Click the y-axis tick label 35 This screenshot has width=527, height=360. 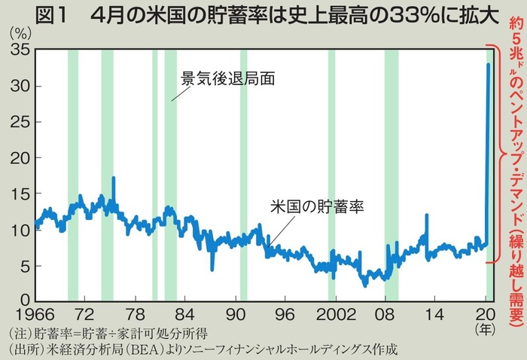click(x=18, y=50)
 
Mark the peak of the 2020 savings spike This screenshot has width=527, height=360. click(x=489, y=65)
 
